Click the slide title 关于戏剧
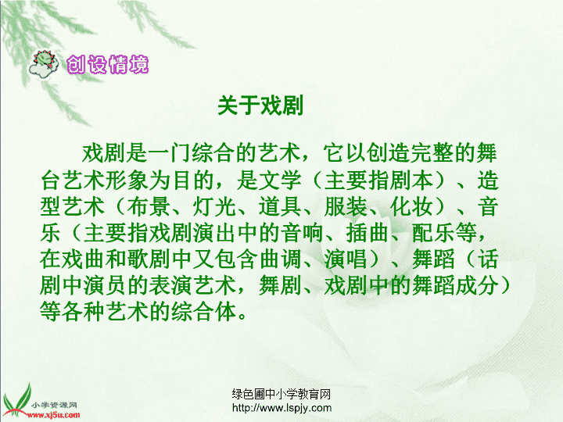click(260, 105)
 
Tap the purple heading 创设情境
click(108, 65)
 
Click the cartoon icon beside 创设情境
click(44, 65)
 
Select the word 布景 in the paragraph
click(148, 207)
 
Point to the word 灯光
click(214, 207)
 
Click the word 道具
click(280, 207)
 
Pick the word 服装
click(346, 207)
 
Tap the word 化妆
click(411, 207)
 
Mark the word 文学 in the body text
click(280, 181)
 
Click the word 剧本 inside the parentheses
click(411, 181)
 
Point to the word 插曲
click(368, 233)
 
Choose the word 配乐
click(433, 233)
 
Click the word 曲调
click(280, 259)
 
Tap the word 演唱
click(346, 259)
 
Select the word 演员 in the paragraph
click(104, 286)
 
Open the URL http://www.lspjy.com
click(281, 408)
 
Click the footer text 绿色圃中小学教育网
click(281, 395)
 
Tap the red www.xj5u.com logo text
click(53, 416)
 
